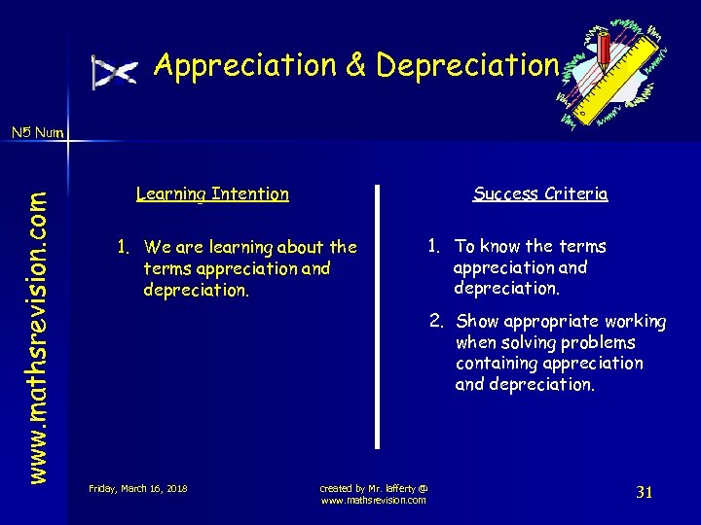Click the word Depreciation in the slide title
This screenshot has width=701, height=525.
467,65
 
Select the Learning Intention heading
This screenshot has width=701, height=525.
212,193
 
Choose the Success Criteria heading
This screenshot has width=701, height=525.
540,193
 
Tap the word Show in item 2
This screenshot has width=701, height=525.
477,321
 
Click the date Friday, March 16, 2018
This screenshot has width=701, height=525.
138,488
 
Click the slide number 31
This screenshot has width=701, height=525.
644,492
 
